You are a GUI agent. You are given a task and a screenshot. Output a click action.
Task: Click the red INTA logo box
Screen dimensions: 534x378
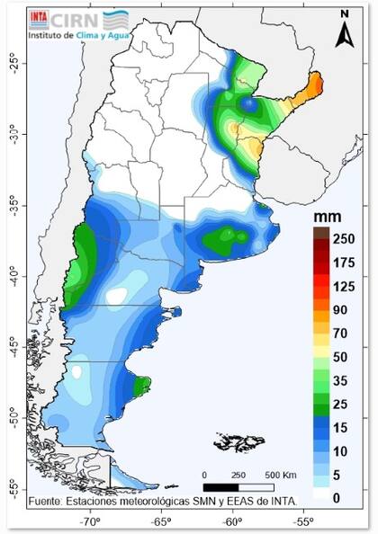[39, 17]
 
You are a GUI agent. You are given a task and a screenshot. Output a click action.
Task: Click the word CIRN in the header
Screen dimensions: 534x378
[73, 17]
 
